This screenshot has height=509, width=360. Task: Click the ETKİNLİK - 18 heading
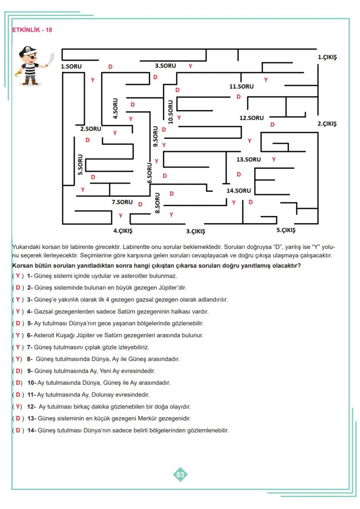pyautogui.click(x=32, y=30)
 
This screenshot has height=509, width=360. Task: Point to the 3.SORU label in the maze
pyautogui.click(x=165, y=66)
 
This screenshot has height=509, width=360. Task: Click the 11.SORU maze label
pyautogui.click(x=241, y=86)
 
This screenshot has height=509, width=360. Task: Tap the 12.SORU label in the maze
pyautogui.click(x=251, y=118)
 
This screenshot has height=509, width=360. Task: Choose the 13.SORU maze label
pyautogui.click(x=249, y=160)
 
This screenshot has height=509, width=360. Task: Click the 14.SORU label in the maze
pyautogui.click(x=239, y=190)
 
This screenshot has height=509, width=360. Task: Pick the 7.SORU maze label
pyautogui.click(x=122, y=202)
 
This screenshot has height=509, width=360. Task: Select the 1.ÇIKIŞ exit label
pyautogui.click(x=327, y=57)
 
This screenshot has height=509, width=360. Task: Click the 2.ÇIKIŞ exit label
pyautogui.click(x=327, y=123)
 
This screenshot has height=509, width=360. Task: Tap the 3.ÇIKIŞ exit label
pyautogui.click(x=196, y=231)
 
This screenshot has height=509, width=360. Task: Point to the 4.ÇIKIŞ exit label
pyautogui.click(x=123, y=231)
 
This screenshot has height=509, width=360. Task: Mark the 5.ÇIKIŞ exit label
pyautogui.click(x=286, y=230)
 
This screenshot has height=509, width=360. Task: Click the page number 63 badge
pyautogui.click(x=180, y=475)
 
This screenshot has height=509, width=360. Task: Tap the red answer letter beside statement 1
pyautogui.click(x=17, y=276)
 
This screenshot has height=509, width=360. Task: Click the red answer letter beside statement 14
pyautogui.click(x=18, y=430)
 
